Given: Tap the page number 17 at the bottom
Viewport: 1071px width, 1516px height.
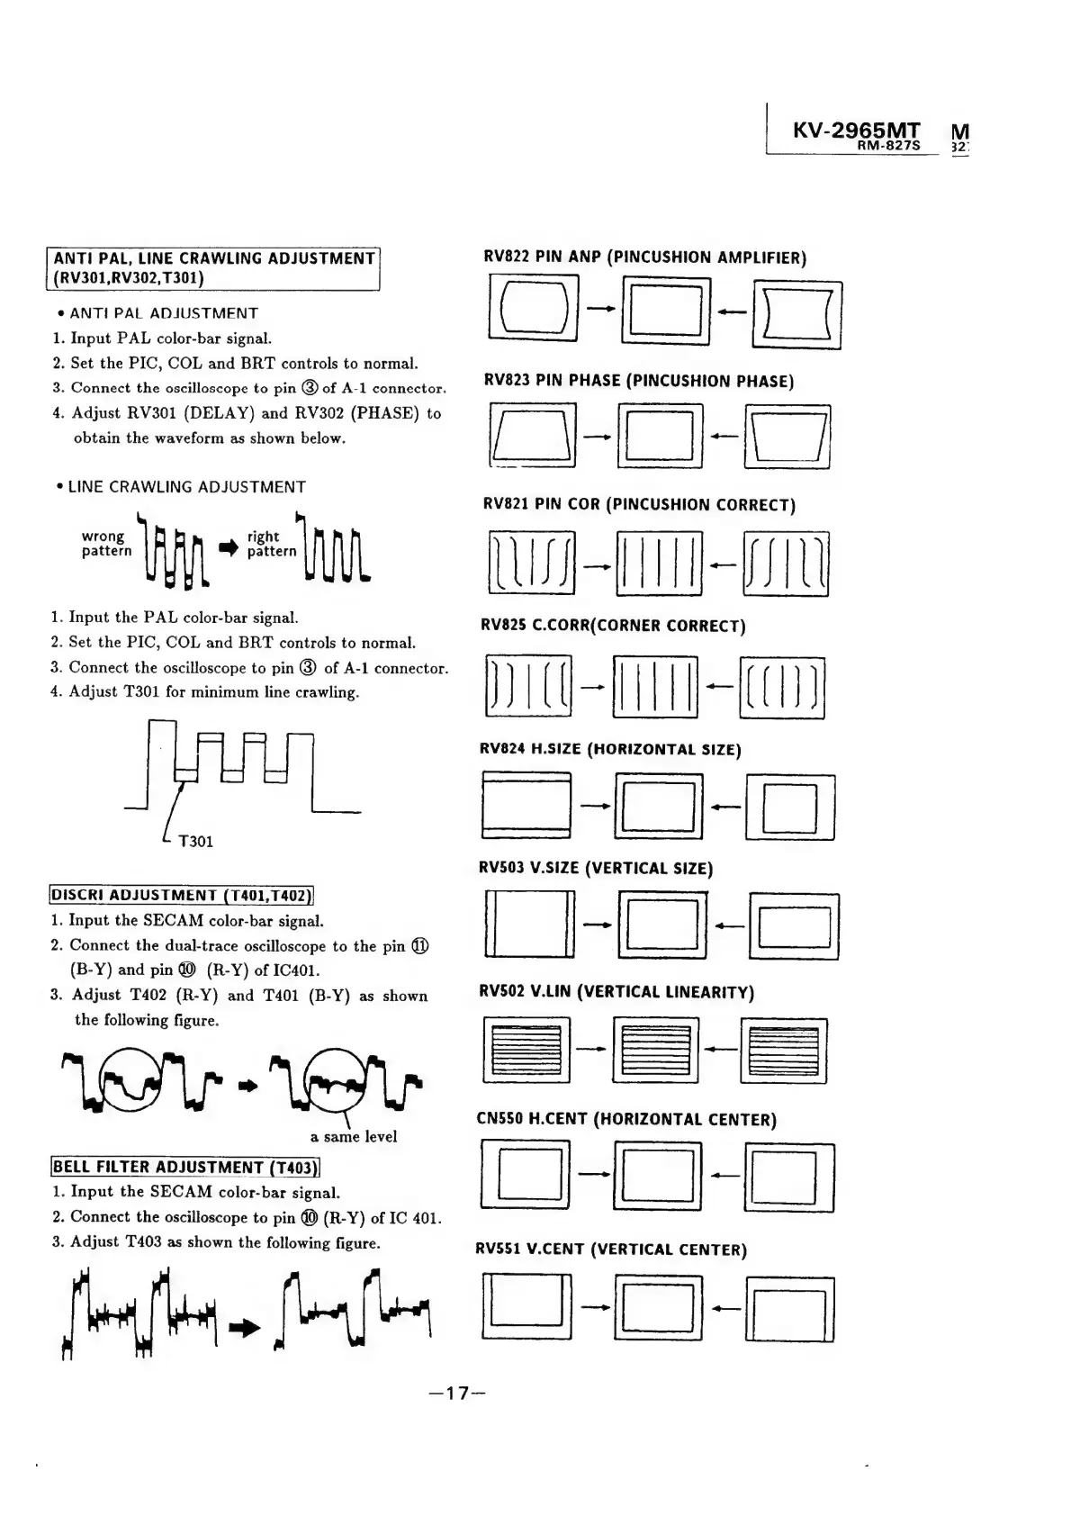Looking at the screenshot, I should coord(458,1394).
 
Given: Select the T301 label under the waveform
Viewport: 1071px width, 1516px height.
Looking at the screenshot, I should coord(195,842).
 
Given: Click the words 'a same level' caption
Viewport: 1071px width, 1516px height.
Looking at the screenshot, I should coord(353,1136).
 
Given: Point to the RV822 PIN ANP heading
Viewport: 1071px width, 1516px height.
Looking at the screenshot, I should coord(644,257).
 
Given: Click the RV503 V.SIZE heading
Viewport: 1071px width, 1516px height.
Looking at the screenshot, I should coord(595,869).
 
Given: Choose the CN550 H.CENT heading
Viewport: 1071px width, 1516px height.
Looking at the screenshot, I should coord(625,1120).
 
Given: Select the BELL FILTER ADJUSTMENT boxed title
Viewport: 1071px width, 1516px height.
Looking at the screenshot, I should coord(184,1168).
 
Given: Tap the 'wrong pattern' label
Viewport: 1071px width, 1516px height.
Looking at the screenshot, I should coord(106,544).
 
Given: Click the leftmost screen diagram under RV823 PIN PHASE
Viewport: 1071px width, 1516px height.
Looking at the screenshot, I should coord(531,437).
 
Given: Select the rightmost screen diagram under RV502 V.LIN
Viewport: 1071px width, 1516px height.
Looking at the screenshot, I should coord(783,1051).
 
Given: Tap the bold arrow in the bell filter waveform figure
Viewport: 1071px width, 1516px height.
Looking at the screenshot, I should coord(245,1327).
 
